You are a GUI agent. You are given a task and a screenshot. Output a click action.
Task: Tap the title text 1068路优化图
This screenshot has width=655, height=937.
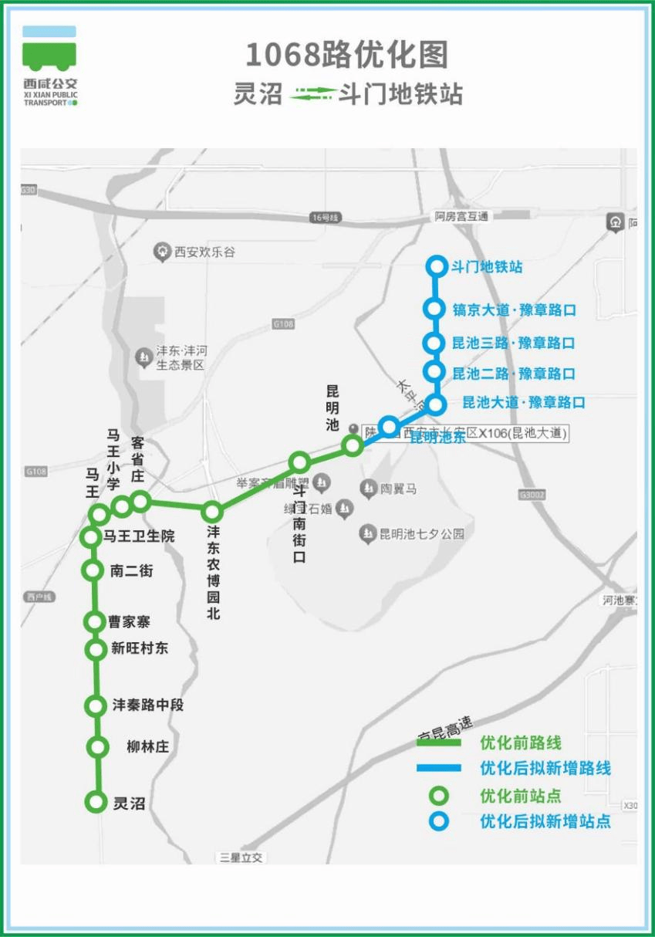click(346, 56)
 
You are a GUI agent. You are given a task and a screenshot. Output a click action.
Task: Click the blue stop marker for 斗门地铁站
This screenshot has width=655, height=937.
click(437, 267)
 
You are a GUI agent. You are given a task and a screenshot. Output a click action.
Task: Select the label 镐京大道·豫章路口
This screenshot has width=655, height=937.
click(515, 310)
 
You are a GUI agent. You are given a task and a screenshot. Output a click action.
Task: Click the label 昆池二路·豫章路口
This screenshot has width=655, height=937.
click(514, 374)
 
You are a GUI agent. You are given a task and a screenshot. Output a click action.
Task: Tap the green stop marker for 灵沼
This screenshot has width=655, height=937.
click(96, 803)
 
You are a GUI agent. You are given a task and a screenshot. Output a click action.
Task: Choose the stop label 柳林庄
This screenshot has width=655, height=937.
click(147, 746)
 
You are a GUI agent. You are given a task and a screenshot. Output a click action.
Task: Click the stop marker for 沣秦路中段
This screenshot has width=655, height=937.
click(96, 705)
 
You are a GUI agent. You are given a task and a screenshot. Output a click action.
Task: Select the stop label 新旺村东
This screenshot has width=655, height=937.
click(140, 648)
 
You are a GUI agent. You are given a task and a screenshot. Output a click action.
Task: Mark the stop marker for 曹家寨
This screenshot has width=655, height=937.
click(95, 621)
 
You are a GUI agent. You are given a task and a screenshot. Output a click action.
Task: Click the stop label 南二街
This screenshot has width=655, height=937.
click(132, 571)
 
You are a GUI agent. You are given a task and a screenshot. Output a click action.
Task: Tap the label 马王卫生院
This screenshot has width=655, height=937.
click(140, 536)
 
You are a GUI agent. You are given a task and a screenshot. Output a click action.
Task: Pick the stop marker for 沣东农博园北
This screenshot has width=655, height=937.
click(212, 511)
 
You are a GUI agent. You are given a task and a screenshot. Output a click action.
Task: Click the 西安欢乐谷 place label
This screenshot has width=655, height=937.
click(204, 252)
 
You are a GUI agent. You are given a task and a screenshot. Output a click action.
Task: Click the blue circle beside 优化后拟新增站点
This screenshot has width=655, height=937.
click(438, 821)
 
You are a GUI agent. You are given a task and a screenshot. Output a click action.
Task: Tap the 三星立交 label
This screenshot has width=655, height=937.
click(241, 858)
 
